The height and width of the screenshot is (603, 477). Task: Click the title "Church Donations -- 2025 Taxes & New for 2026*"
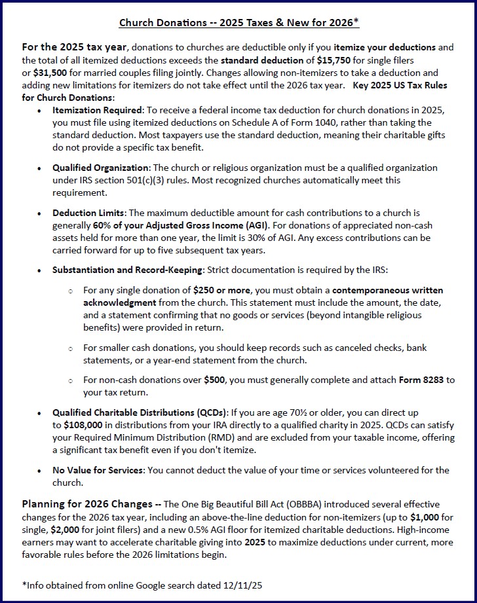tap(238, 23)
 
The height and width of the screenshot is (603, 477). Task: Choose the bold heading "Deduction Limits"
tap(90, 213)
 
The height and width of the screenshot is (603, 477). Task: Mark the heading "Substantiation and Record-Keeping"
tap(128, 270)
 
